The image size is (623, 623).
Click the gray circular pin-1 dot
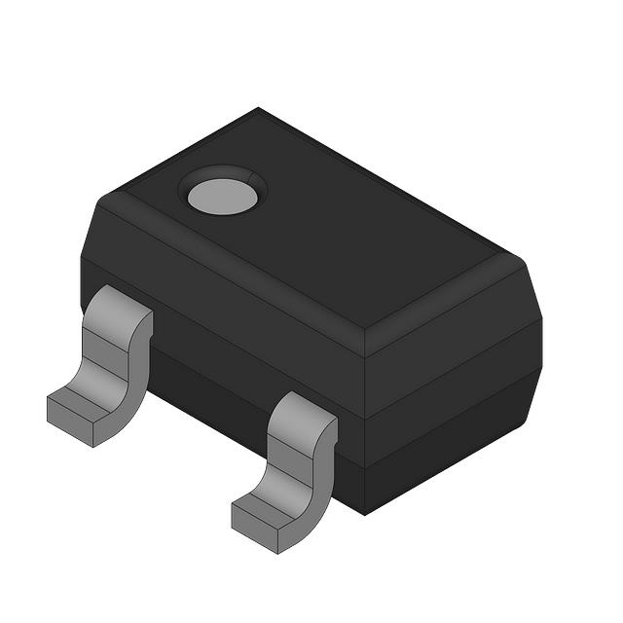[222, 196]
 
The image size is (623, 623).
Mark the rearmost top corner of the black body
[258, 108]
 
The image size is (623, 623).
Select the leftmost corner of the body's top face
[103, 199]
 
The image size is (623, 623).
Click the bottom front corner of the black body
[364, 513]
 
